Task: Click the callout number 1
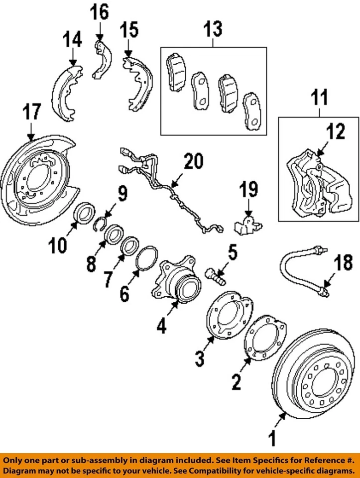[x=271, y=439]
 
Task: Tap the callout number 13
[x=213, y=30]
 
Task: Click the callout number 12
[x=335, y=132]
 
